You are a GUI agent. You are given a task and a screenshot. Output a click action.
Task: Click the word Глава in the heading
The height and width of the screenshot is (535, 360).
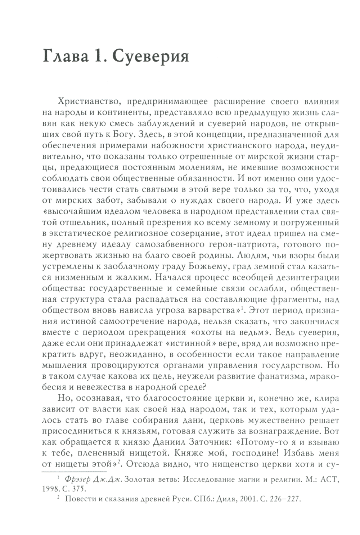[x=66, y=57]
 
